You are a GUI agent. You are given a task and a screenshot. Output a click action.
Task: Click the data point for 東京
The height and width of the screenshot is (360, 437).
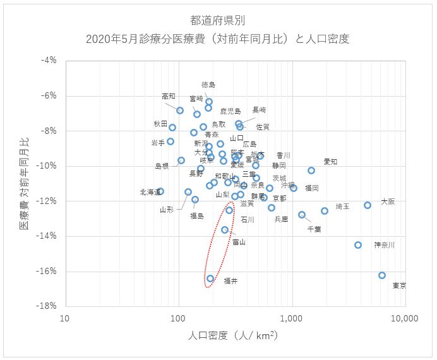tap(382, 275)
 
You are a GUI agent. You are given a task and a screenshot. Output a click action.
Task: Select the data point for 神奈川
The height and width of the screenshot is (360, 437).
tap(358, 245)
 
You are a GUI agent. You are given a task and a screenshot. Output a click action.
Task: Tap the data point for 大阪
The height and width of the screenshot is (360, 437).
tap(368, 205)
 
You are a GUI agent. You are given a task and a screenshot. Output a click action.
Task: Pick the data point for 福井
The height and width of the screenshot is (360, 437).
tap(210, 279)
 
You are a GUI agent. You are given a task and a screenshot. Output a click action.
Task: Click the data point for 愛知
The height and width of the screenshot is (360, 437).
tap(311, 171)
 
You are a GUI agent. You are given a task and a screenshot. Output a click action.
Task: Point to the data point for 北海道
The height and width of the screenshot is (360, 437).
tap(160, 191)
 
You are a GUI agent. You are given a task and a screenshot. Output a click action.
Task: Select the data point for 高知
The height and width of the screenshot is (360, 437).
tap(180, 111)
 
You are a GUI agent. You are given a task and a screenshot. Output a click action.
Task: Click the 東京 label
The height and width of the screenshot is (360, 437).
tap(399, 285)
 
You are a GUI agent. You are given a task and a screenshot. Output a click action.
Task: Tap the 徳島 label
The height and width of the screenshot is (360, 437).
tap(208, 84)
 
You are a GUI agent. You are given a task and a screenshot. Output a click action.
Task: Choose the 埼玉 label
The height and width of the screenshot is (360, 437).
tap(342, 206)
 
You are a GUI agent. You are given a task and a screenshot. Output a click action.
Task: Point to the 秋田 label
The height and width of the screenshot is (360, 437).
tap(160, 124)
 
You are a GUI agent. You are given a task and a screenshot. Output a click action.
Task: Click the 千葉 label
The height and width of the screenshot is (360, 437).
tap(314, 229)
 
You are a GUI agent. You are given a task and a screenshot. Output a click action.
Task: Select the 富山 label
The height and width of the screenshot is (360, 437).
tap(239, 241)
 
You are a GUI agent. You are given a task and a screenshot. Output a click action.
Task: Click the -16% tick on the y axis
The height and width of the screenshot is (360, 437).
tap(49, 272)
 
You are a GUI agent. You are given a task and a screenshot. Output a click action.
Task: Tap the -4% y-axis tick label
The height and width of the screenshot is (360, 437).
tap(50, 61)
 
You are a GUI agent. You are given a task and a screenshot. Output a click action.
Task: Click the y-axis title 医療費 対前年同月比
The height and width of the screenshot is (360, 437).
tap(23, 183)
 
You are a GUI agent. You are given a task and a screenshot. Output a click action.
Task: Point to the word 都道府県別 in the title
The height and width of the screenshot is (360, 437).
tap(218, 20)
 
